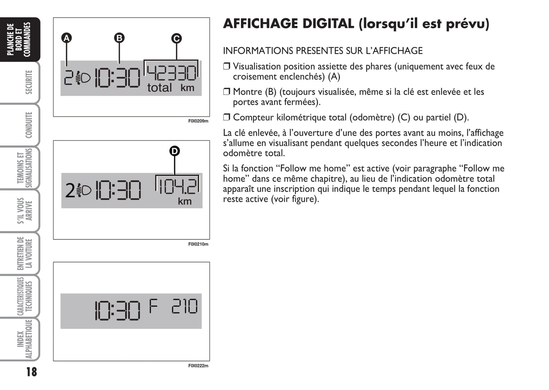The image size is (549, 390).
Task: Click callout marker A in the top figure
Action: pyautogui.click(x=66, y=38)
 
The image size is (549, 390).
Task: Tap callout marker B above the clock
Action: pyautogui.click(x=119, y=38)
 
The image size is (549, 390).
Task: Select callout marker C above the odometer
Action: pyautogui.click(x=176, y=38)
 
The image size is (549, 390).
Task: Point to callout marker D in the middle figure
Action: pyautogui.click(x=174, y=151)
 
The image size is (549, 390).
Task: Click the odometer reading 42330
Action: pyautogui.click(x=171, y=73)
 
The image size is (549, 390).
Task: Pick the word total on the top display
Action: pyautogui.click(x=159, y=87)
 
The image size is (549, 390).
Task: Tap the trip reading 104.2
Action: pyautogui.click(x=178, y=186)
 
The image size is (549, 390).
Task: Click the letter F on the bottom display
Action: pyautogui.click(x=153, y=306)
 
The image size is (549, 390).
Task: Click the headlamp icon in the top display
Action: pyautogui.click(x=82, y=78)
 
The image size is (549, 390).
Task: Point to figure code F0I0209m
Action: pyautogui.click(x=198, y=121)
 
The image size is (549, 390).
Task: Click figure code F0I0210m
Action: pyautogui.click(x=198, y=244)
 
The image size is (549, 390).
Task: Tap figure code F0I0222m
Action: pyautogui.click(x=198, y=366)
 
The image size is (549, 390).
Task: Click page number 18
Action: pyautogui.click(x=32, y=372)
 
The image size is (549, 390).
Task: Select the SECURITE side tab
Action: pyautogui.click(x=28, y=82)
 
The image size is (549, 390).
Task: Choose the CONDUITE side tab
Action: pyautogui.click(x=28, y=125)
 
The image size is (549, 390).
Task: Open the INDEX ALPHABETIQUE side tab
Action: pyautogui.click(x=25, y=339)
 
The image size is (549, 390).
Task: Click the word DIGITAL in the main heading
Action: pyautogui.click(x=328, y=24)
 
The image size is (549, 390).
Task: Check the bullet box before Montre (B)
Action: pyautogui.click(x=226, y=92)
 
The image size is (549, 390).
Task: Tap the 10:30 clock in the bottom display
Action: pyautogui.click(x=118, y=311)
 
